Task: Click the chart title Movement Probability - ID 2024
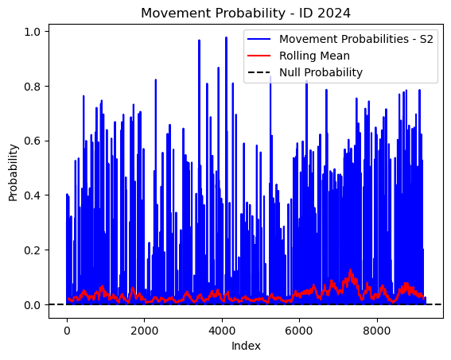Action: pos(246,14)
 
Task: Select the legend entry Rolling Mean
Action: pos(314,56)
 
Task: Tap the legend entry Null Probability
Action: pos(321,72)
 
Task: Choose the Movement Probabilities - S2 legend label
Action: pos(356,39)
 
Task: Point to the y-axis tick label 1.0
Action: pos(32,32)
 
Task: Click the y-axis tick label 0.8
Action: pos(32,86)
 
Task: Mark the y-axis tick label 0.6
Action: pos(32,141)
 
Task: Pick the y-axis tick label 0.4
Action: pos(32,195)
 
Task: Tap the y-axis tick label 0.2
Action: pos(32,250)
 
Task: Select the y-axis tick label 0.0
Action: pos(32,305)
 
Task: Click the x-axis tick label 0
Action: pos(67,331)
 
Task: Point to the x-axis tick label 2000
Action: pos(145,331)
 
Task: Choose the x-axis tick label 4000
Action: pos(222,331)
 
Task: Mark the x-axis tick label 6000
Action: pos(299,331)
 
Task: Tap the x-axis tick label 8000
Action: pos(377,331)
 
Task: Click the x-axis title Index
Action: pos(246,346)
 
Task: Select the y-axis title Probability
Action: pos(13,172)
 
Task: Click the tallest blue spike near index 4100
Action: pos(226,37)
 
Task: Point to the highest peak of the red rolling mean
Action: pos(350,270)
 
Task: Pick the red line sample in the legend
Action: pos(259,56)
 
